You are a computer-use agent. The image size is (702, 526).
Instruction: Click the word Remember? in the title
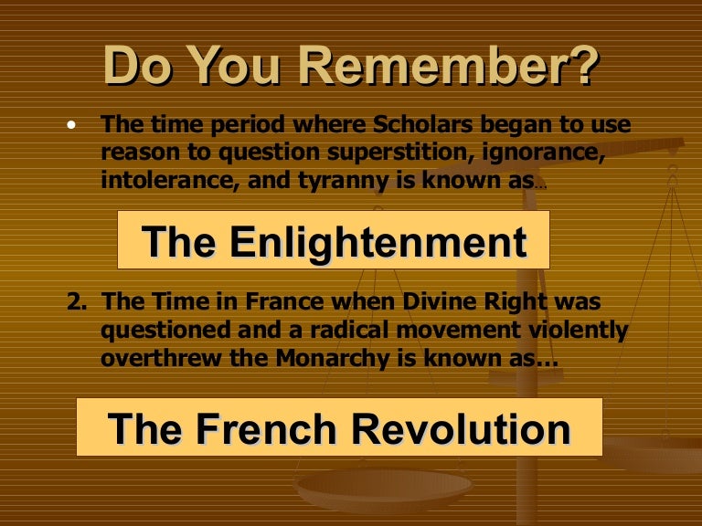[x=448, y=65]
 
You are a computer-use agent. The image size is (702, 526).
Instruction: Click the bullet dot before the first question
[x=72, y=125]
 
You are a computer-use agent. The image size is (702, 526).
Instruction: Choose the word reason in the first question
[x=138, y=153]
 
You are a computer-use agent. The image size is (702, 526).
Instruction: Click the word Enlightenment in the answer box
[x=378, y=241]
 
